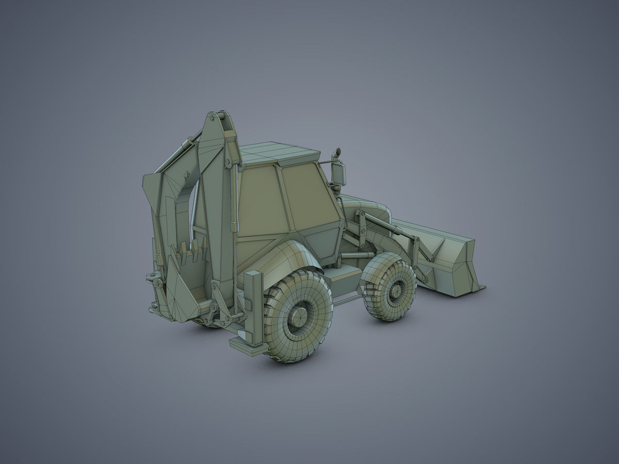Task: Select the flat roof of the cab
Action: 279,152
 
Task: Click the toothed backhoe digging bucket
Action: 186,284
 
